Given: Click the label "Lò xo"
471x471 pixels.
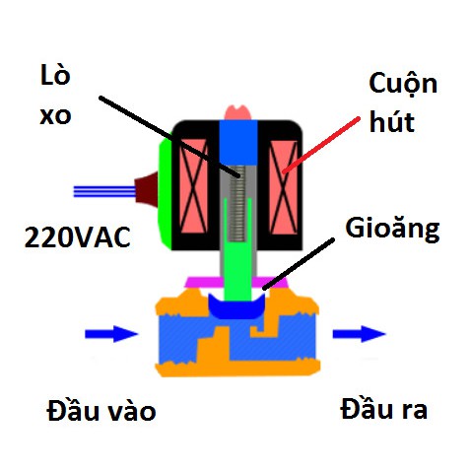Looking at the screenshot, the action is [55, 95].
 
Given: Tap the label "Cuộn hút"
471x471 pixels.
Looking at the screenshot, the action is [403, 101].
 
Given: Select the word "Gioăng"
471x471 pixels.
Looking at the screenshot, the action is [392, 230].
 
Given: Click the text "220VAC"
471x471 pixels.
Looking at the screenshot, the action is [78, 237].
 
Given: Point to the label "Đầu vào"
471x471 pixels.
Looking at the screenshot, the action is [101, 410].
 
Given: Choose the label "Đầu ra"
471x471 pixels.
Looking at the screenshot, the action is [383, 408].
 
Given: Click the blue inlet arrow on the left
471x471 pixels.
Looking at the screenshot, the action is [111, 334].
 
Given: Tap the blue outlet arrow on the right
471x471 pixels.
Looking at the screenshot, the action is [359, 334].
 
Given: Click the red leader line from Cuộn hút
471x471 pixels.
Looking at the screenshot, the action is [321, 145].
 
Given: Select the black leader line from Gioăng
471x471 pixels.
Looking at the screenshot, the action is [299, 264].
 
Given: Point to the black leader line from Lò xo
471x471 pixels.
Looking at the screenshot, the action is [169, 137].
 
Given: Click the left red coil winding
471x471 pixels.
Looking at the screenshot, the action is [194, 186].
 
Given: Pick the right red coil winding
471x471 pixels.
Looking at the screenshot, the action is [283, 187].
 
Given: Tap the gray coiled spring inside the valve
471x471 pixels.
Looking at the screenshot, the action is [237, 203].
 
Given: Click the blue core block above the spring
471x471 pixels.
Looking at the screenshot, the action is [238, 143].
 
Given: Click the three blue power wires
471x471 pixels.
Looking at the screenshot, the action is [104, 191].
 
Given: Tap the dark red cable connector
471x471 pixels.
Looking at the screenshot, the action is [147, 189].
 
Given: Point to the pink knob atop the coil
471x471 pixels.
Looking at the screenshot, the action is [237, 112].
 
